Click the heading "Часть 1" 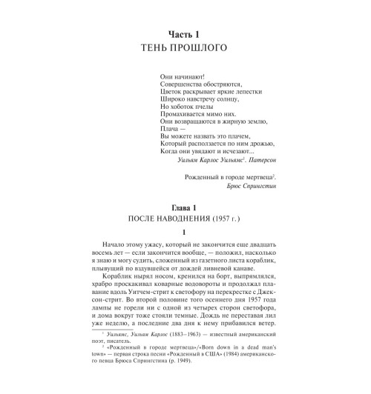coord(185,35)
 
